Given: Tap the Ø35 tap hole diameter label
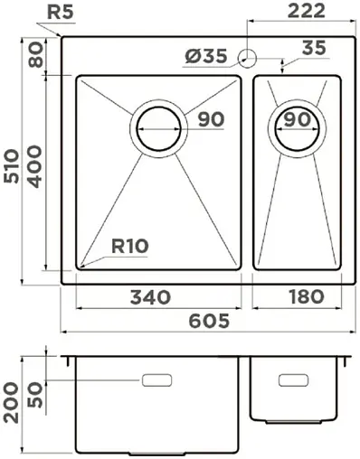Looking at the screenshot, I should [206, 57].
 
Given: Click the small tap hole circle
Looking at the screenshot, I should [247, 59].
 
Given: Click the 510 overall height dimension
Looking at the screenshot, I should [13, 162].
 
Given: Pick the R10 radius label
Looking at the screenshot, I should [130, 245].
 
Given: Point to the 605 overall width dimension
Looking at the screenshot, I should [209, 321].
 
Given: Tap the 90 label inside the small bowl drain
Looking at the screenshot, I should [297, 119].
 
